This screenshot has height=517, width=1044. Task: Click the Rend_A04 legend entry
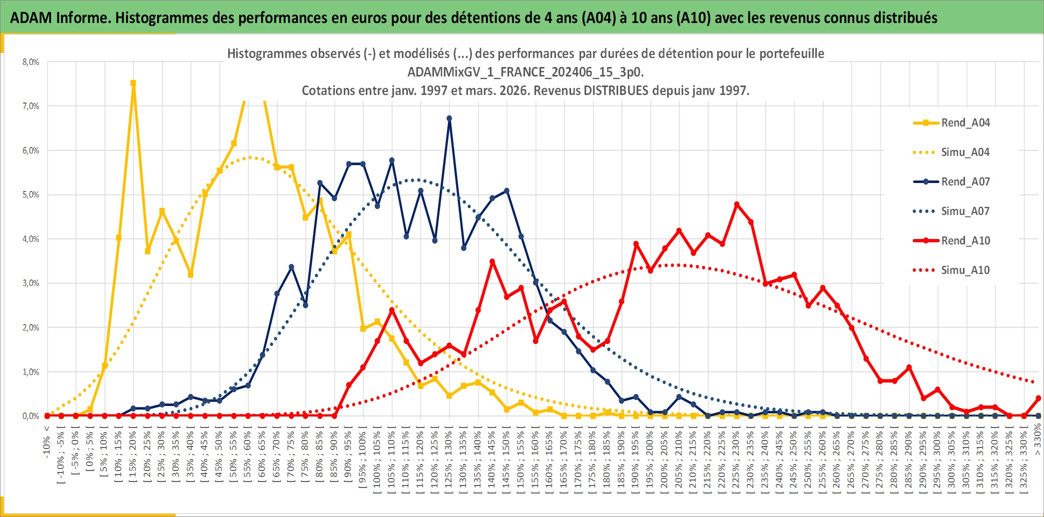coord(965,122)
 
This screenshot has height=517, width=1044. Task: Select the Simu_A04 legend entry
coord(965,152)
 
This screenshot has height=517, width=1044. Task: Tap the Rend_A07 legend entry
coord(965,181)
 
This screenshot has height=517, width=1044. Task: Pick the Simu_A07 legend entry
coord(965,211)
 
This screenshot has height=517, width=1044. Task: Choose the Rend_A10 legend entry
coord(965,240)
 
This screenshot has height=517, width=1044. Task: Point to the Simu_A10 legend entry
coord(965,270)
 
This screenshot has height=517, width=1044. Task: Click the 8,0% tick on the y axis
coord(31,62)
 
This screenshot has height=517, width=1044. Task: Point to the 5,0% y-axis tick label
coord(31,194)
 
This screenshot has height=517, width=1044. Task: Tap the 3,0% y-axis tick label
coord(31,283)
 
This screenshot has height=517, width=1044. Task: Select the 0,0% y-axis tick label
coord(31,416)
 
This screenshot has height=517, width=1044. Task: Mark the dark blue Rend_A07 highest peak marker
coord(449,118)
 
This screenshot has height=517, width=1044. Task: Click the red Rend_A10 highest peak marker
coord(737,204)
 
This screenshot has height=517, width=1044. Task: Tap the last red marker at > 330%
coord(1038,398)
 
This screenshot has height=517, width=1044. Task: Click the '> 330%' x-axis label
coord(1037,439)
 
